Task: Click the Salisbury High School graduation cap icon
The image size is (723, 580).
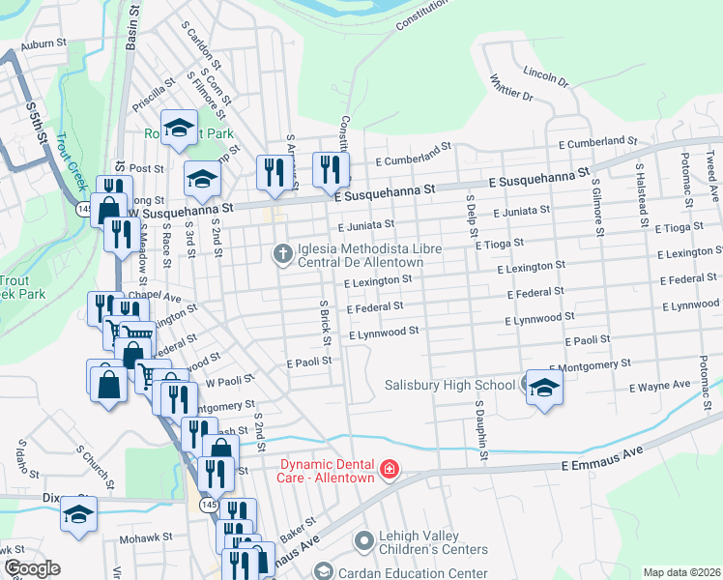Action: (x=543, y=388)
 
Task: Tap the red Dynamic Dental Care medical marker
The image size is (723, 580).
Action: (x=390, y=471)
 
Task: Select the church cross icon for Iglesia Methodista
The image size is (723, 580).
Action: (x=283, y=254)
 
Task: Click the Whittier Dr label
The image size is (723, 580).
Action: (x=511, y=88)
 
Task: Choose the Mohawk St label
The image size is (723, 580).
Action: (x=145, y=537)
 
